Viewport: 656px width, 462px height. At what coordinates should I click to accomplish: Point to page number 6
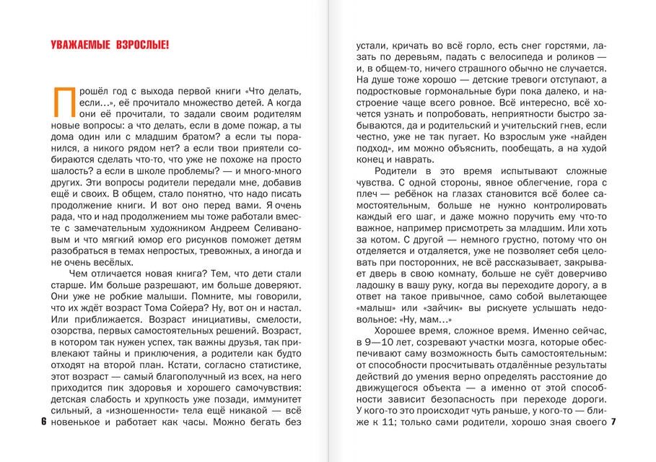pyautogui.click(x=44, y=421)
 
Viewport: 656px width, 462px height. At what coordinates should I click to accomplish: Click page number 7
pyautogui.click(x=612, y=421)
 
